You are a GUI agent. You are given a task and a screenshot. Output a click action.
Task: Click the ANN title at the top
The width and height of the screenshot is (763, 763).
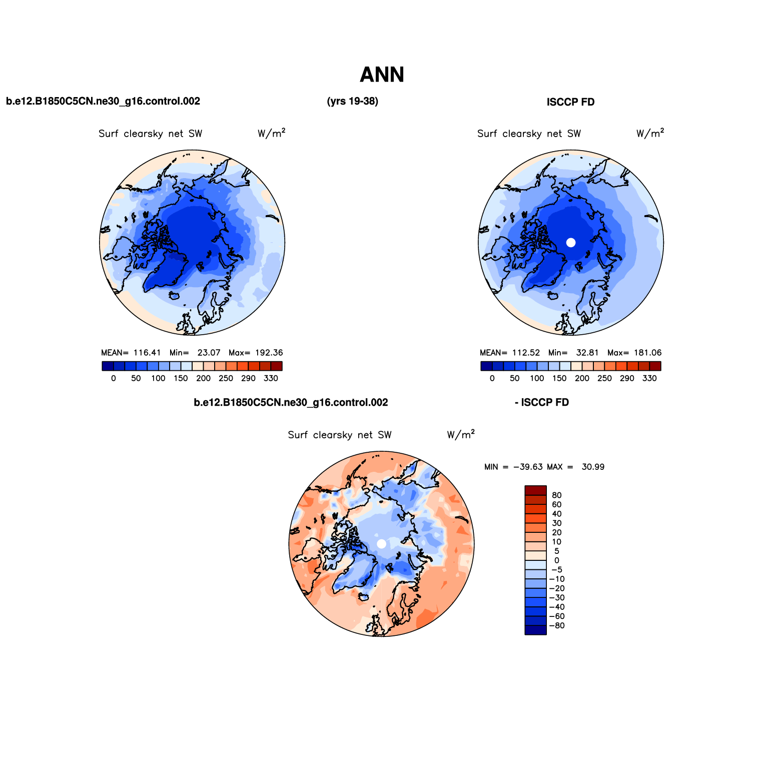click(382, 75)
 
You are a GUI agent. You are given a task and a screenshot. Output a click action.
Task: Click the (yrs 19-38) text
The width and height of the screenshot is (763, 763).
click(352, 102)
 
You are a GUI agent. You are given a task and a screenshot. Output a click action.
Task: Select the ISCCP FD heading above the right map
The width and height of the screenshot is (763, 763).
click(570, 102)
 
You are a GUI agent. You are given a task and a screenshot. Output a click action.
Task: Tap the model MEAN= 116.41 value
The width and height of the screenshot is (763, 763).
click(131, 353)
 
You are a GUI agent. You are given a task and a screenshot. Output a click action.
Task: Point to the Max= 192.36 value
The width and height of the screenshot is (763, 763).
click(256, 353)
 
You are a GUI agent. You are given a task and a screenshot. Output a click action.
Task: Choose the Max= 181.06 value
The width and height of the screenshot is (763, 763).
click(634, 353)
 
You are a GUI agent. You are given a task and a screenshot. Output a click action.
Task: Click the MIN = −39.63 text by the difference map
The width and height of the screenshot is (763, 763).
click(513, 467)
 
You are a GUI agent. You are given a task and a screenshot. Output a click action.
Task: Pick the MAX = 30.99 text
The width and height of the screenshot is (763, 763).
click(575, 467)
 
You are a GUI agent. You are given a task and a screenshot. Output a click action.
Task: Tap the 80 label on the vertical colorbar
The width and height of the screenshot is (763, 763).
click(556, 495)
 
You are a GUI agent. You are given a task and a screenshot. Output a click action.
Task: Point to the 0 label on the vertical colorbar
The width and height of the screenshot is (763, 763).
click(556, 561)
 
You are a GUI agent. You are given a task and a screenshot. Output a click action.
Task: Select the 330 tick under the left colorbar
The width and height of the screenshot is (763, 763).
click(271, 379)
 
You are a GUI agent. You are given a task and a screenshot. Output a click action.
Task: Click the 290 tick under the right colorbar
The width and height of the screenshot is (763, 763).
click(627, 379)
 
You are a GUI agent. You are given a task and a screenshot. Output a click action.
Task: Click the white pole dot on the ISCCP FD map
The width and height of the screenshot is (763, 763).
click(571, 243)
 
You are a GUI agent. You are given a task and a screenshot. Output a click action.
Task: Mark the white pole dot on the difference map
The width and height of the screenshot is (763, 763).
click(381, 544)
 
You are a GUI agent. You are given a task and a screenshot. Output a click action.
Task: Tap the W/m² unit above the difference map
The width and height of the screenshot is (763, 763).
click(461, 434)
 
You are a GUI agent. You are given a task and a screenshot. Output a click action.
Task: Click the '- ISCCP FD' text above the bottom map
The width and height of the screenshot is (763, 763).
click(542, 403)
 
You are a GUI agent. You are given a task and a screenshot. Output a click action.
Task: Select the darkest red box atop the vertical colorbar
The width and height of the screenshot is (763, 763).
click(535, 490)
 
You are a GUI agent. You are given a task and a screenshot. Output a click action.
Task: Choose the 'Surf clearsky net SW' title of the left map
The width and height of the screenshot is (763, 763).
click(150, 134)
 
